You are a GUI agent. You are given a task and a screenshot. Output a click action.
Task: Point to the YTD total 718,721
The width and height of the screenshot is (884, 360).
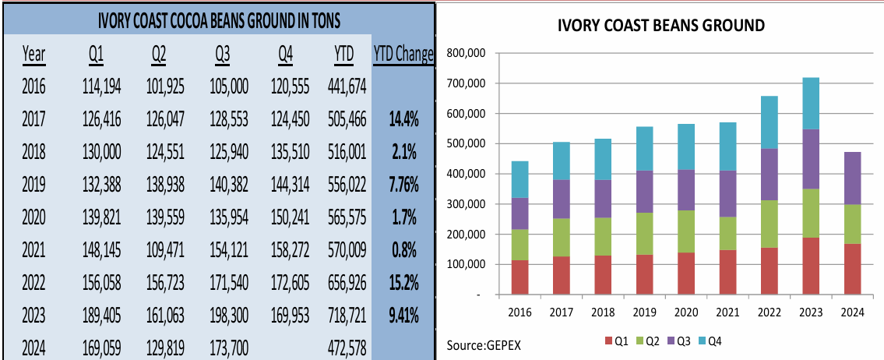point(344,316)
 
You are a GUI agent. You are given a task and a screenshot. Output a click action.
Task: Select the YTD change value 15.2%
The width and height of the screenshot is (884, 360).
point(403,283)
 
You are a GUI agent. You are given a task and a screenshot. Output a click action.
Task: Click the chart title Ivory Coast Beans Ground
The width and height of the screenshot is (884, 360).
point(661,26)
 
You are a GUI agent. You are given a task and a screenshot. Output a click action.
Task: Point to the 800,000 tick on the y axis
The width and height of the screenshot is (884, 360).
point(464,53)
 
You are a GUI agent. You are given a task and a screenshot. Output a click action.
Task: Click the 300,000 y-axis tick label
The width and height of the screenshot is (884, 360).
point(464,204)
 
